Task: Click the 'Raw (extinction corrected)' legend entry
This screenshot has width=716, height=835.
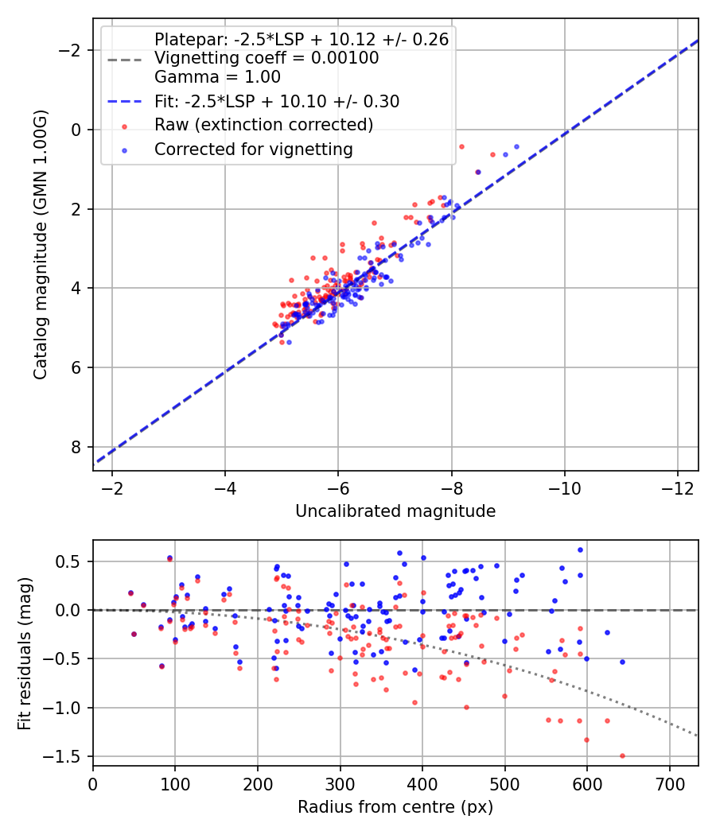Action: coord(263,125)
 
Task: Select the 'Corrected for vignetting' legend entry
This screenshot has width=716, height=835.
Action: coord(254,149)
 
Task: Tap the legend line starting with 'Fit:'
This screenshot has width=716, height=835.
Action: coord(277,101)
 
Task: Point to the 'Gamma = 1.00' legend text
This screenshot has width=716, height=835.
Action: coord(217,77)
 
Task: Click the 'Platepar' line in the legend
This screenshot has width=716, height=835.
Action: coord(302,39)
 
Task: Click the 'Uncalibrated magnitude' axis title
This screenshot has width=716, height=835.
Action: coord(395,511)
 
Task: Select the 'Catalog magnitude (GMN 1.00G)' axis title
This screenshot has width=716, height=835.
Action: coord(41,244)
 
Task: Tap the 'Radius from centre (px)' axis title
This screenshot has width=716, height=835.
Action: coord(395,807)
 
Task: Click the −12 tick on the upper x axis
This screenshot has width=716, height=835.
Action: coord(678,487)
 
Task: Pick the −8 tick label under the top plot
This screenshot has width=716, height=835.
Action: coord(451,487)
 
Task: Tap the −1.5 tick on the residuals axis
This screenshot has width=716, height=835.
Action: coord(68,756)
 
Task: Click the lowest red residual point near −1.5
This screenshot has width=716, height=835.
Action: coord(622,755)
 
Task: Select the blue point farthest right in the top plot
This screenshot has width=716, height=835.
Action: coord(516,146)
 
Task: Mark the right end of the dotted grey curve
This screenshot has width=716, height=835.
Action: coord(698,736)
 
